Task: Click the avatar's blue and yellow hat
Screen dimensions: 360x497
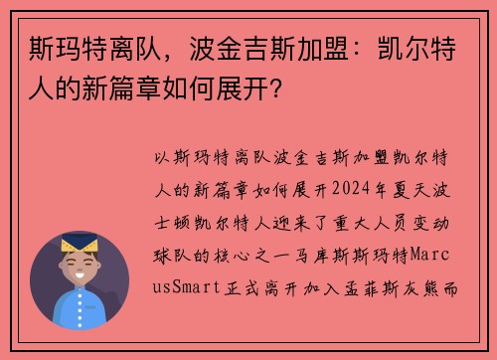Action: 79,243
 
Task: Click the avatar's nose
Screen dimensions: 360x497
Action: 80,265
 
